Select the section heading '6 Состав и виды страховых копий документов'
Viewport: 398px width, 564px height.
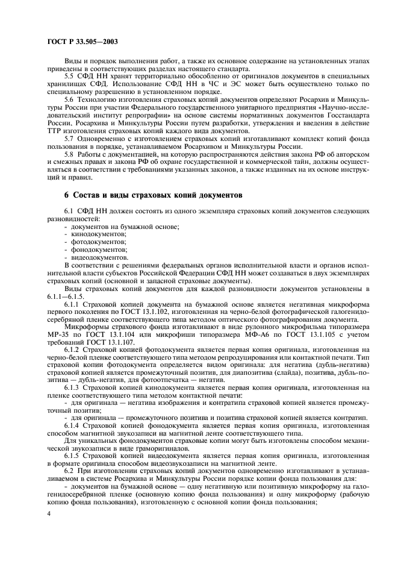click(x=154, y=196)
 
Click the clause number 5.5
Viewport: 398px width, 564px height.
click(x=70, y=76)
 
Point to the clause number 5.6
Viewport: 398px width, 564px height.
click(x=70, y=98)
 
